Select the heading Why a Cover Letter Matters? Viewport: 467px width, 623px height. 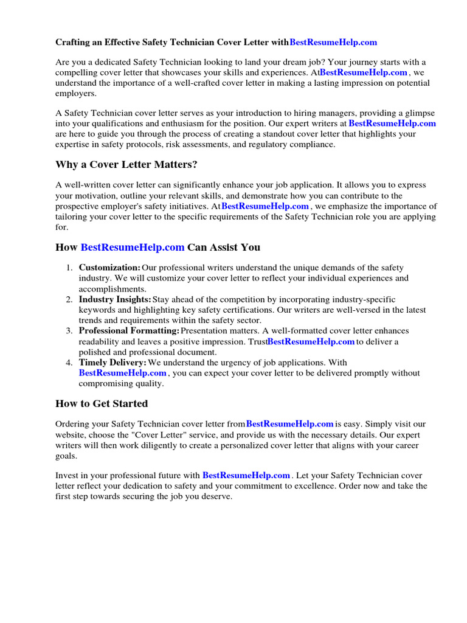126,165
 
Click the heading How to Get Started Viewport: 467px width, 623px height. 102,403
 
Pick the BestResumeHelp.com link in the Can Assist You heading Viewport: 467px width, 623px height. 132,247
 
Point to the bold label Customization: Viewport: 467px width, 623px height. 109,268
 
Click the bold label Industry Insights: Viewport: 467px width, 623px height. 115,299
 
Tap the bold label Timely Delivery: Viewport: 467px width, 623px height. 112,363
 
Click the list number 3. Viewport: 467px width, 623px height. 69,331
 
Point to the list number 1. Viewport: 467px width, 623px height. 69,268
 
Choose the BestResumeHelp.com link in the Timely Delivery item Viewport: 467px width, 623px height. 123,373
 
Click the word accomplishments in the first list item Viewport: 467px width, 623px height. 112,289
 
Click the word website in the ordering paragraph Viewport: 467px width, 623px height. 72,435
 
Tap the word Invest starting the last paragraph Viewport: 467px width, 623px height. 67,475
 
